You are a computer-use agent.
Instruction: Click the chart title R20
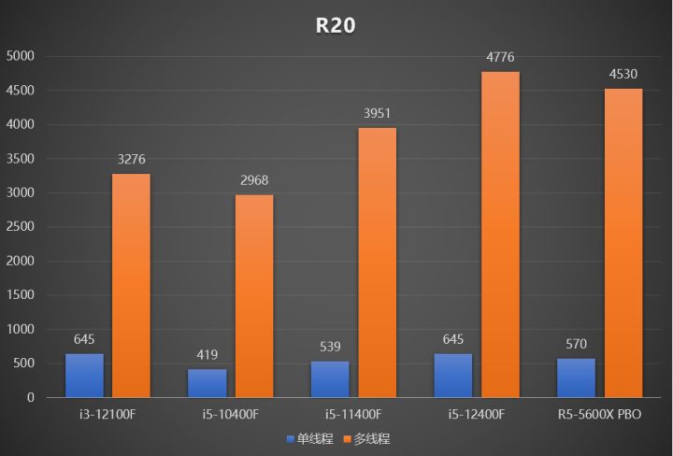[336, 25]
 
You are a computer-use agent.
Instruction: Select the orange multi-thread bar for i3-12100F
[131, 285]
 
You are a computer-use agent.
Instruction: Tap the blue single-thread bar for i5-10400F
[208, 383]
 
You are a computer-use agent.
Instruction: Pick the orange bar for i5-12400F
[500, 235]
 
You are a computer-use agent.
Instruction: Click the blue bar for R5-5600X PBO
[576, 378]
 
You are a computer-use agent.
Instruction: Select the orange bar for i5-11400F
[377, 263]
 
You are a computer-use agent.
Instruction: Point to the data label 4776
[500, 58]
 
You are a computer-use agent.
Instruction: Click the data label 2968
[254, 181]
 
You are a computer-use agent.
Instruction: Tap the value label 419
[208, 355]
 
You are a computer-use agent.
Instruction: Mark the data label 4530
[623, 75]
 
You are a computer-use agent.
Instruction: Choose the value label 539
[330, 347]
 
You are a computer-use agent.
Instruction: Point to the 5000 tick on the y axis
[20, 56]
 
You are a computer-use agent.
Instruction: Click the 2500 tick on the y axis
[20, 227]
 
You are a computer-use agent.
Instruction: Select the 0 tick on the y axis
[30, 398]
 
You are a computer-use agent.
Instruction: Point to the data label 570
[576, 345]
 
